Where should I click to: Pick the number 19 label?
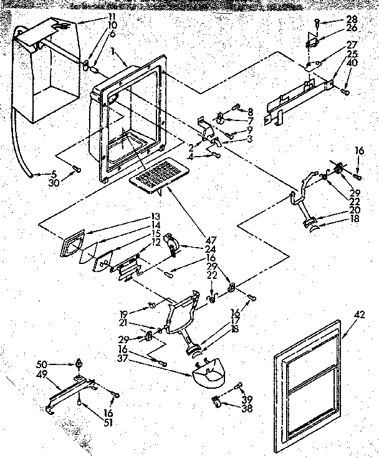click(123, 314)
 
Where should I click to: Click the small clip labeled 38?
click(217, 400)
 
